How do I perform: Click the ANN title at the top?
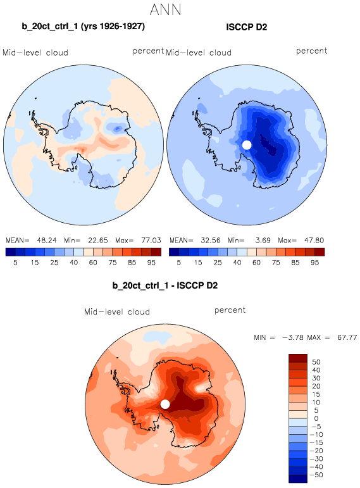click(x=165, y=9)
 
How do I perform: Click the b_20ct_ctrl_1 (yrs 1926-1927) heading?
click(x=84, y=26)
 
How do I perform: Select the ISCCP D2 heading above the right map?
click(x=246, y=27)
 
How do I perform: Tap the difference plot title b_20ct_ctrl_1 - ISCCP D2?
click(x=165, y=285)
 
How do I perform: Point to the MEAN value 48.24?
click(x=47, y=241)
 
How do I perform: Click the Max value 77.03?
click(x=151, y=241)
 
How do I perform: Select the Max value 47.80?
click(x=314, y=241)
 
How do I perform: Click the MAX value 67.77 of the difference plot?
click(x=347, y=337)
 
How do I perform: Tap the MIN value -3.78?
click(x=293, y=337)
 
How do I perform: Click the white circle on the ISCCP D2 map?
click(x=246, y=145)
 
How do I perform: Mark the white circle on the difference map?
click(x=165, y=404)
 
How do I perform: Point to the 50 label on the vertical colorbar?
click(x=316, y=362)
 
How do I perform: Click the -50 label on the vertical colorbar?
click(x=316, y=475)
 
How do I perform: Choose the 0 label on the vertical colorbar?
click(x=316, y=418)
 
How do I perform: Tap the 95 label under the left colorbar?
click(x=151, y=263)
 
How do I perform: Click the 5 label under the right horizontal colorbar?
click(x=178, y=263)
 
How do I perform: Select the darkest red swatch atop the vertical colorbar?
click(x=298, y=358)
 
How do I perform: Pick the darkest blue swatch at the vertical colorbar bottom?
click(x=298, y=479)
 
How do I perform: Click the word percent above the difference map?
click(x=230, y=310)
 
